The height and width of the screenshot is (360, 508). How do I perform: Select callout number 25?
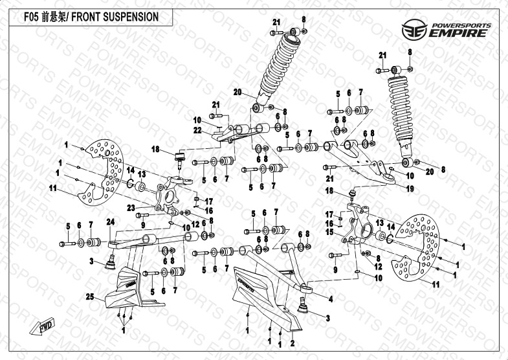(89, 297)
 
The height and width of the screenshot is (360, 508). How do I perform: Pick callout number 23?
(130, 207)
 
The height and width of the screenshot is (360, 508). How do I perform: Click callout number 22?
(198, 129)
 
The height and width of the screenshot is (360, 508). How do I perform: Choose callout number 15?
(329, 231)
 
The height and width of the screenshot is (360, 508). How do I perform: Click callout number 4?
(330, 299)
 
